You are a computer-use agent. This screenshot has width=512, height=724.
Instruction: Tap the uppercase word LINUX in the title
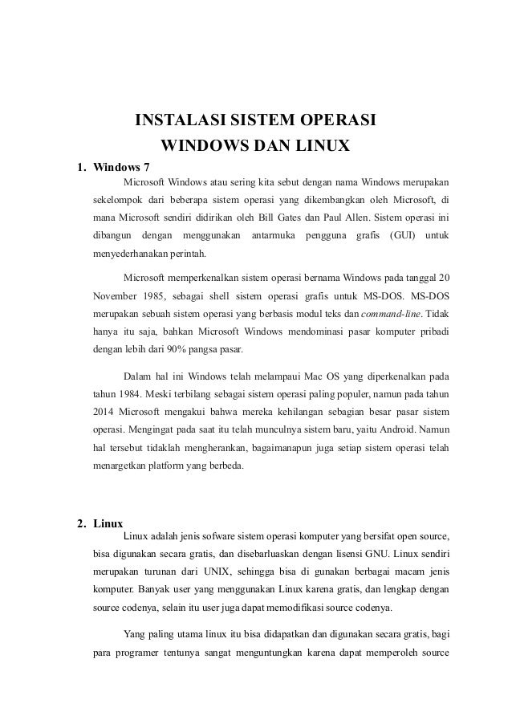[x=319, y=148]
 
